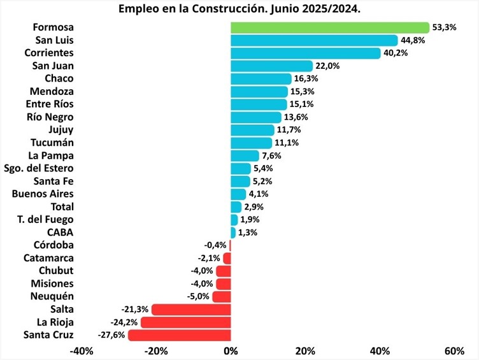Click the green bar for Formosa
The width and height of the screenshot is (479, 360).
(x=330, y=27)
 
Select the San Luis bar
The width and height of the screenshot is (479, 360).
(x=314, y=40)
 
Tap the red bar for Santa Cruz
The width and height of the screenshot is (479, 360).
(x=180, y=335)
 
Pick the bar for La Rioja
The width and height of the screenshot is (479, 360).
(x=186, y=322)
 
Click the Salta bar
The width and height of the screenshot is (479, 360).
(x=191, y=310)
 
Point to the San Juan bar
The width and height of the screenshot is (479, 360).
(x=271, y=66)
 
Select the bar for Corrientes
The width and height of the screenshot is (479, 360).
(x=306, y=53)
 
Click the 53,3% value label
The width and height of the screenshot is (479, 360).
(x=445, y=27)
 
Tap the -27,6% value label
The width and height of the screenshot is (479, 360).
(x=112, y=335)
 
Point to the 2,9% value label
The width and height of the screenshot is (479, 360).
(x=254, y=207)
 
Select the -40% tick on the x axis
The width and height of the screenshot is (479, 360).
(x=82, y=351)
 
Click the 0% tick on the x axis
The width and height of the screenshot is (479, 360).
(x=231, y=351)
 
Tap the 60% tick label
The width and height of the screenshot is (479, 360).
(x=454, y=351)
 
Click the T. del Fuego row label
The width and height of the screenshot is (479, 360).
(x=45, y=220)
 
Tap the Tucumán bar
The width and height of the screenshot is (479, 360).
(x=251, y=143)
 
